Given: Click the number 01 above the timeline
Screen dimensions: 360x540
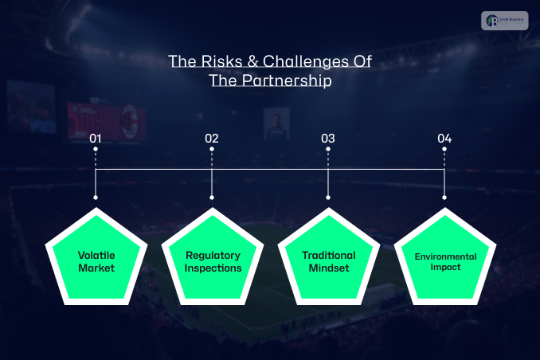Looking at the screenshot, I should click(96, 139).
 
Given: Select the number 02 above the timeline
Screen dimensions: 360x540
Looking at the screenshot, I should click(212, 139).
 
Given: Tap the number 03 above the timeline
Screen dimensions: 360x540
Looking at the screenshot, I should click(328, 139).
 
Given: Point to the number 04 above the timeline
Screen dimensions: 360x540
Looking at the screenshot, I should click(444, 139).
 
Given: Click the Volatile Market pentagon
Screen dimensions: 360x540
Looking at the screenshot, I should click(96, 259).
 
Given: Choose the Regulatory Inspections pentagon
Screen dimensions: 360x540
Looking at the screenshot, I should click(213, 259).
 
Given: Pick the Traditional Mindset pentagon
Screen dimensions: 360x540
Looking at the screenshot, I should click(328, 259).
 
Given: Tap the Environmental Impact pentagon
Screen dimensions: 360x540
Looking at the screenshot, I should click(444, 259).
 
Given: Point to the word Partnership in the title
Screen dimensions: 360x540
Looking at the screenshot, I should click(288, 80).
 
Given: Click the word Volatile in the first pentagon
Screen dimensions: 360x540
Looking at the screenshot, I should click(96, 255).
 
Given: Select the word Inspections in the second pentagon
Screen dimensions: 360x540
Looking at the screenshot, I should click(213, 268).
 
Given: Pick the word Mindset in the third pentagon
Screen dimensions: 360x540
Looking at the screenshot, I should click(328, 268).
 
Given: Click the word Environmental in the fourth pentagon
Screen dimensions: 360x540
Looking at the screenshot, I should click(444, 256).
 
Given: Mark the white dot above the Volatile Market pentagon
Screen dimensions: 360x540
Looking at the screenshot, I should click(96, 198).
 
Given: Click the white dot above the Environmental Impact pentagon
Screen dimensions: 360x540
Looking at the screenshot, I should click(444, 198).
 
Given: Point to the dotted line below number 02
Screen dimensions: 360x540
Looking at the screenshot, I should click(212, 157).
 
